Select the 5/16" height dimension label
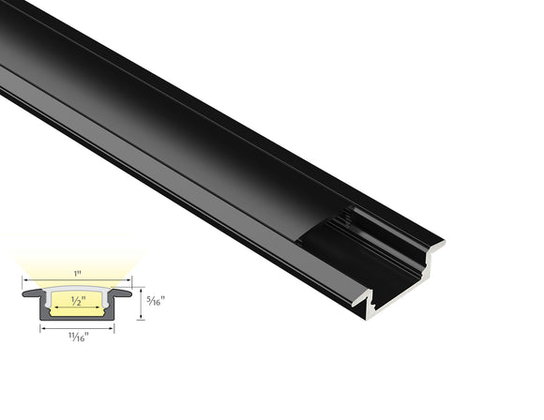[157, 302]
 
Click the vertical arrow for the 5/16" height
[141, 302]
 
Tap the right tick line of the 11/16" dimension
[113, 326]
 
